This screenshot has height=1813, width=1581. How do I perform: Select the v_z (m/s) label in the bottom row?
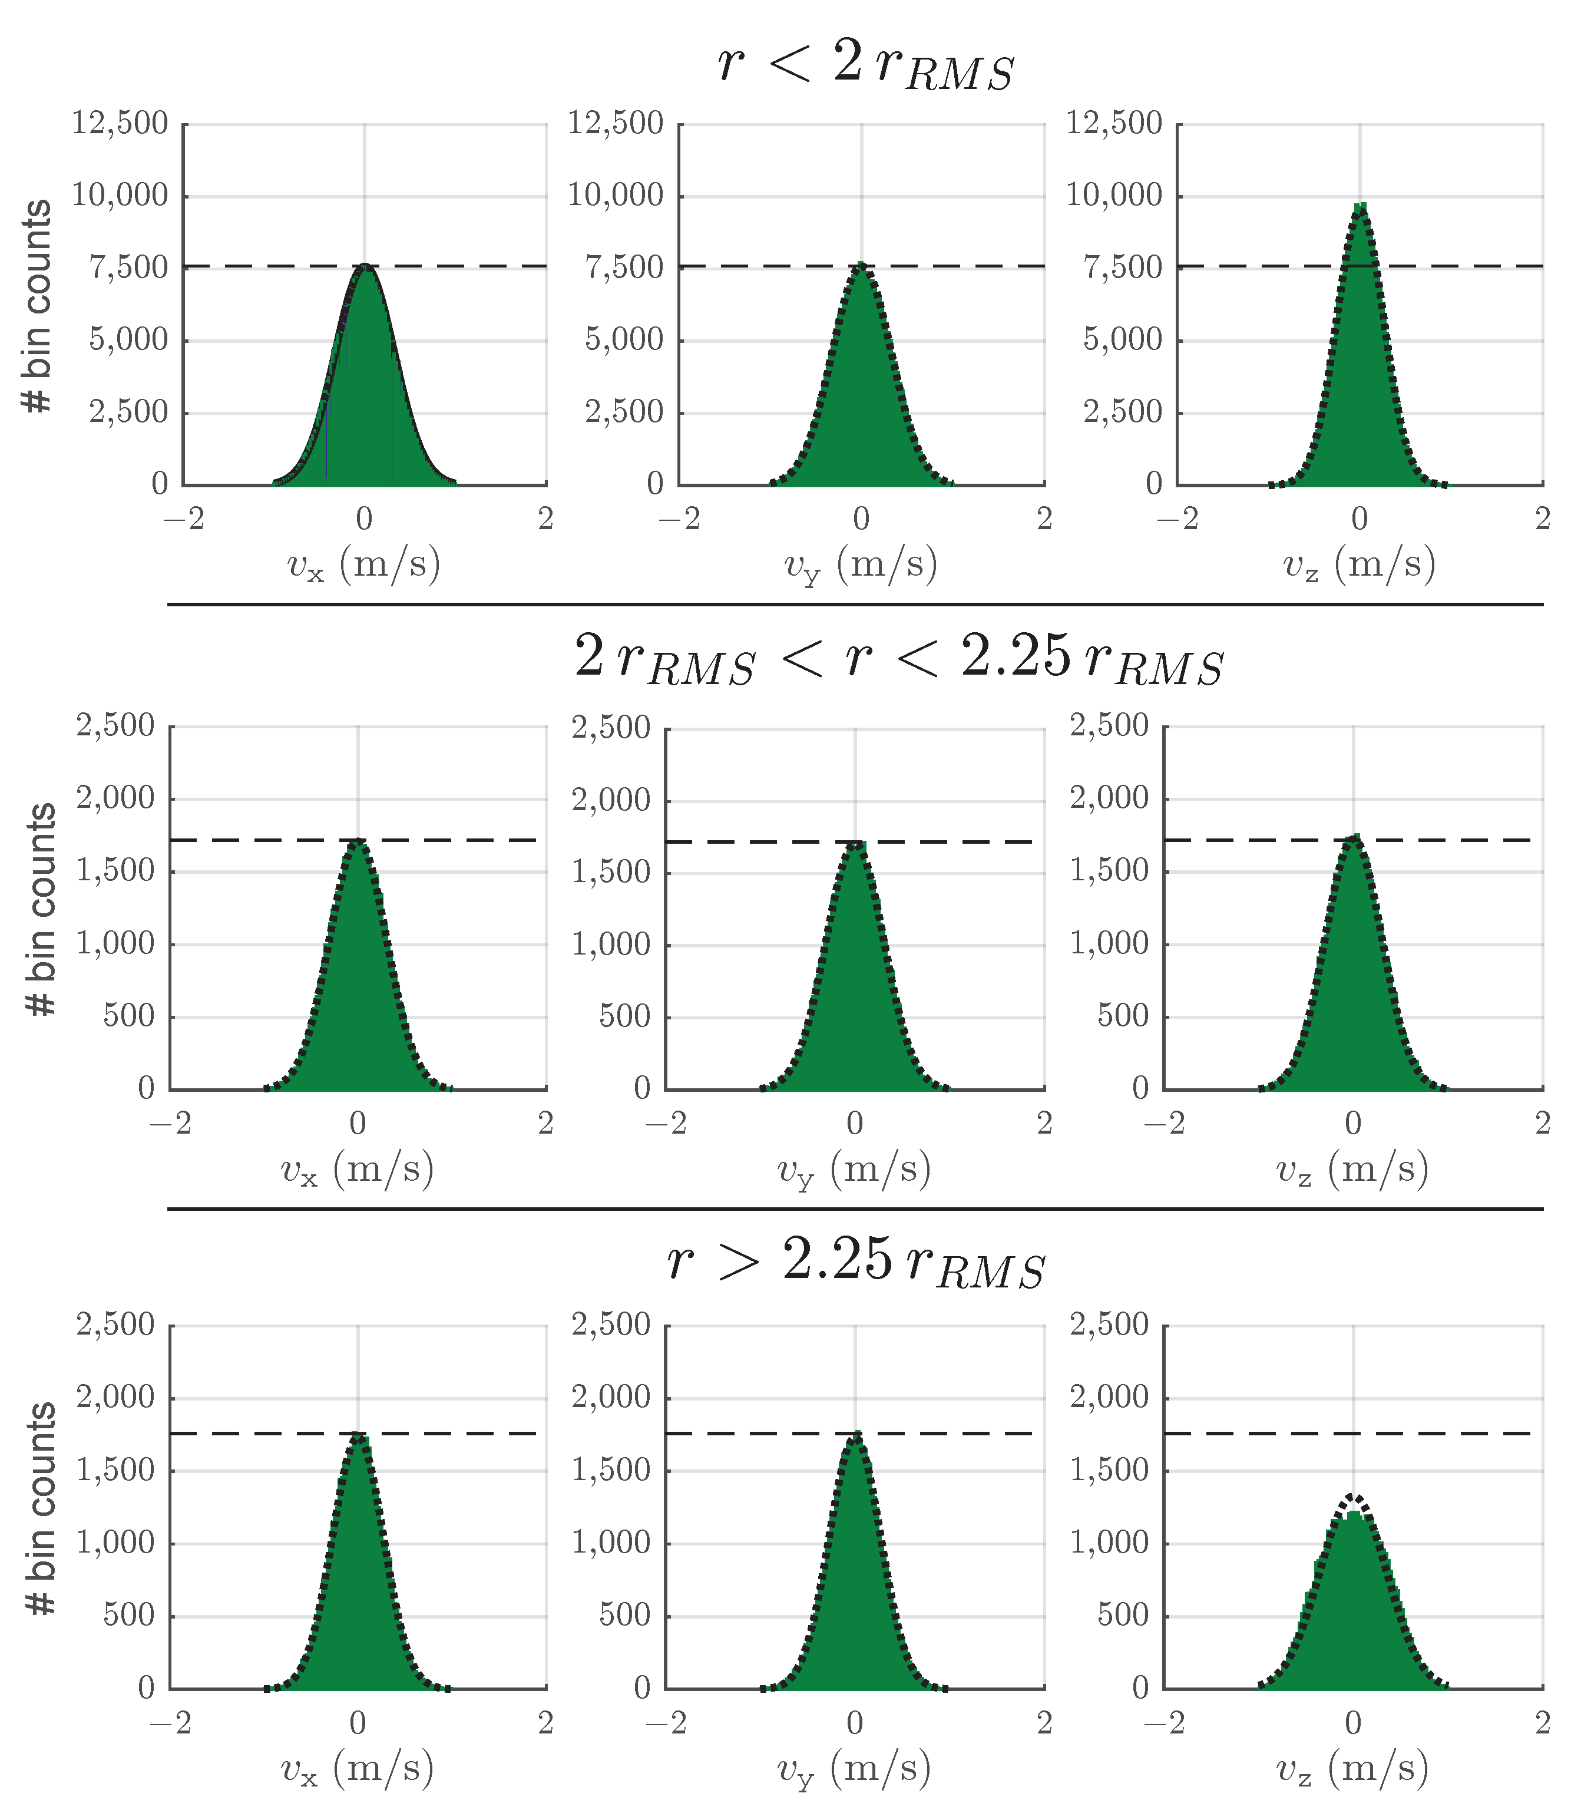pyautogui.click(x=1352, y=1768)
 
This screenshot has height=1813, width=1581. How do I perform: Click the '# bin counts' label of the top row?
pyautogui.click(x=37, y=306)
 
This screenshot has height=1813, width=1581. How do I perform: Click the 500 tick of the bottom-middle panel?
pyautogui.click(x=624, y=1616)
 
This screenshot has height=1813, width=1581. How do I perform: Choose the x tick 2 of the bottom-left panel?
pyautogui.click(x=545, y=1722)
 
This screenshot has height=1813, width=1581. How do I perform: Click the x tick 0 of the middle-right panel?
pyautogui.click(x=1352, y=1124)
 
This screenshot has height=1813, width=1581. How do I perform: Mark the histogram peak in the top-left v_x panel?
pyautogui.click(x=365, y=266)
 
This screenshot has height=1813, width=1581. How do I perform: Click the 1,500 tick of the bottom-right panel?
pyautogui.click(x=1109, y=1471)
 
